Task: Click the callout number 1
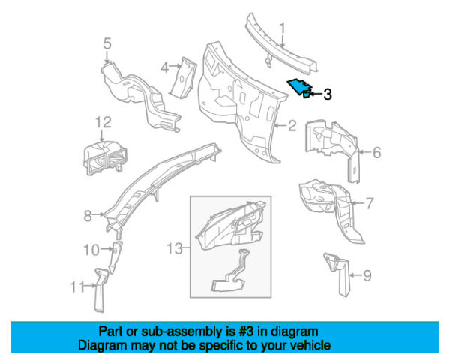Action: pyautogui.click(x=283, y=29)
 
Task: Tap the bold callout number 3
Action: pyautogui.click(x=327, y=94)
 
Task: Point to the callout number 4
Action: pyautogui.click(x=164, y=68)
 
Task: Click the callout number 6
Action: pyautogui.click(x=376, y=153)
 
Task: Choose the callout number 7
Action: pyautogui.click(x=369, y=202)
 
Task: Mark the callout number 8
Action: pyautogui.click(x=88, y=216)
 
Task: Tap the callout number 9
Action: pyautogui.click(x=367, y=276)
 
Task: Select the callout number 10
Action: pyautogui.click(x=89, y=249)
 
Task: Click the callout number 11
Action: pyautogui.click(x=74, y=286)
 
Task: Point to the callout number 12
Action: pyautogui.click(x=103, y=121)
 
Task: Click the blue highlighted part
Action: pyautogui.click(x=301, y=88)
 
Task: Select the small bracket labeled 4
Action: pyautogui.click(x=182, y=76)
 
